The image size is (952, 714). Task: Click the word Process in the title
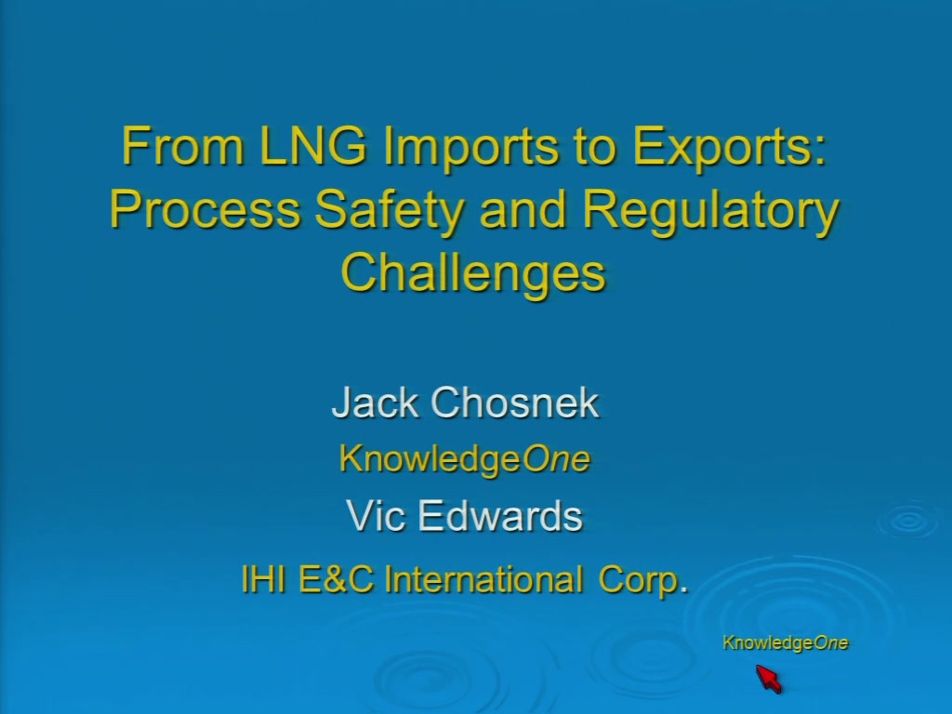click(x=205, y=208)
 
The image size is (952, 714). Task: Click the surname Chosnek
click(x=515, y=402)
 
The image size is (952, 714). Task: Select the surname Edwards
click(x=500, y=515)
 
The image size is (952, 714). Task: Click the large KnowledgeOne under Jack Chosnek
click(x=465, y=458)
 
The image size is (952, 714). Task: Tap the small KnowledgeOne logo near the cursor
click(x=785, y=643)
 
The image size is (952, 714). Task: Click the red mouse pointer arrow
click(x=769, y=678)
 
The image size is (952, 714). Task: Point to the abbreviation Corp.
click(x=643, y=580)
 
